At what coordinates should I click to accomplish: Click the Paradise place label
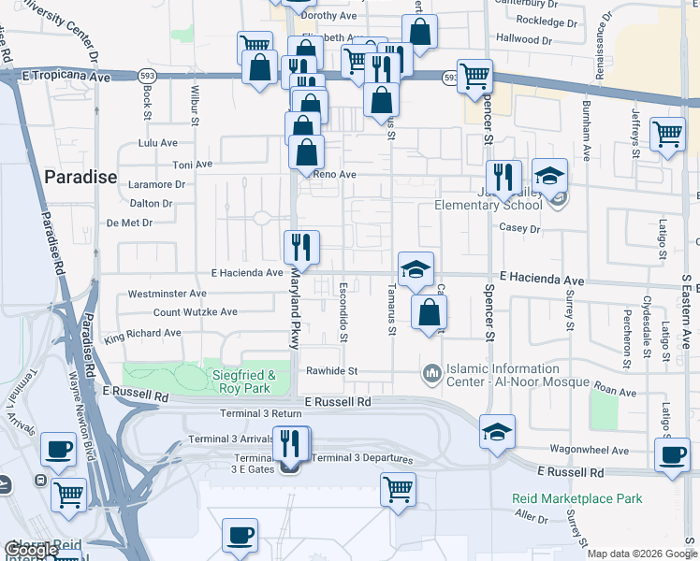(80, 177)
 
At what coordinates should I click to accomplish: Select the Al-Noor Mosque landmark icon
(431, 374)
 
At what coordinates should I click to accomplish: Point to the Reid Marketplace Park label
(577, 498)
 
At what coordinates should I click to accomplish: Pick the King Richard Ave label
(143, 334)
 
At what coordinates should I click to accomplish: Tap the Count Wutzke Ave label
(196, 311)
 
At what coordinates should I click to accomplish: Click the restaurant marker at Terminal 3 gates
(290, 441)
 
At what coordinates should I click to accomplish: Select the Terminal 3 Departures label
(362, 458)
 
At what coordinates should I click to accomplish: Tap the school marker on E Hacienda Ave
(416, 270)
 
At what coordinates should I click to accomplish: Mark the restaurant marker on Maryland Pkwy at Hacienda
(301, 247)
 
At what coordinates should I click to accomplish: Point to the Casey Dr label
(521, 228)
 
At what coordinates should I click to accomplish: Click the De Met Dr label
(129, 223)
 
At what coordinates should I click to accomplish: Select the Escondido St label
(343, 310)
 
